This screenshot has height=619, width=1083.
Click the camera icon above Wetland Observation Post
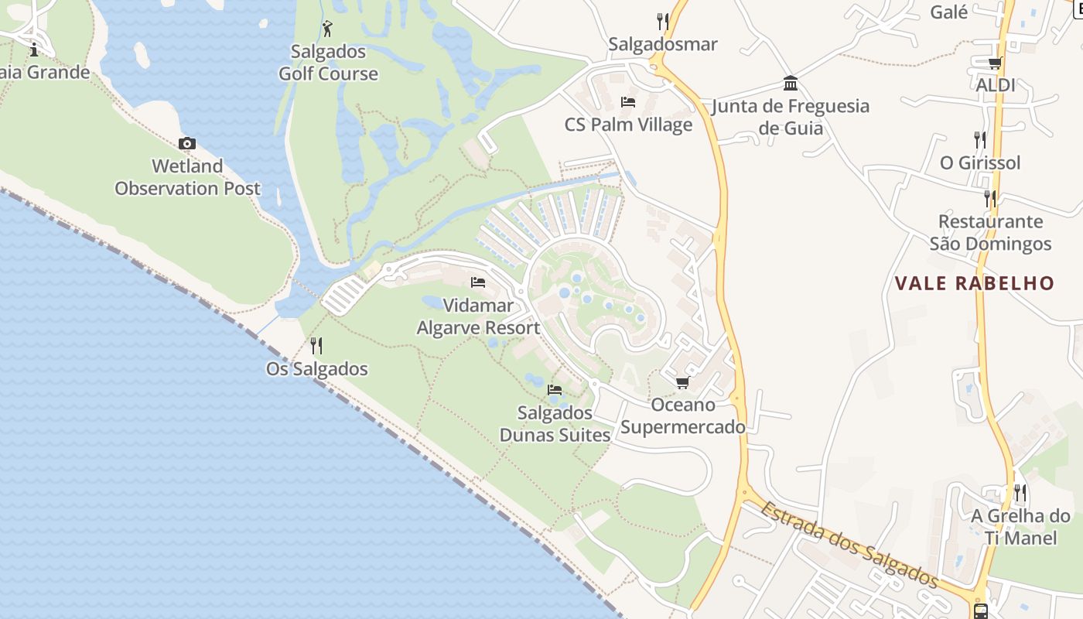186,143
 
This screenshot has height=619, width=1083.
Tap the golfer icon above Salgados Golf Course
327,29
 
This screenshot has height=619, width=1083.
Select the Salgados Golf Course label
328,63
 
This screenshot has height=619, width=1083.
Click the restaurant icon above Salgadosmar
662,21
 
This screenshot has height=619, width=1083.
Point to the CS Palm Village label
628,125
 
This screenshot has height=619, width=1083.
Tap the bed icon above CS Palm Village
628,102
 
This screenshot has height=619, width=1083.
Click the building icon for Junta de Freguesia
791,83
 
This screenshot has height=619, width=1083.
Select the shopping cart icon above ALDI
995,63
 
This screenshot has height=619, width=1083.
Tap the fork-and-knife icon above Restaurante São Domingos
990,198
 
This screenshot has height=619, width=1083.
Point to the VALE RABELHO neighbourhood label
975,283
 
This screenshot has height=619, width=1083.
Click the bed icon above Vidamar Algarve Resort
478,282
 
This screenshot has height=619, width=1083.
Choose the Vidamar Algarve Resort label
478,316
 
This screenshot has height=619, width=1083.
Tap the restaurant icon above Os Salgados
316,345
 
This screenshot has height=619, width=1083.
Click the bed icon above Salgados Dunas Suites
555,389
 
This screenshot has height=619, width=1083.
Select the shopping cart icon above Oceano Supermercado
682,382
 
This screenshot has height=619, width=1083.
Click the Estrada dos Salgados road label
849,545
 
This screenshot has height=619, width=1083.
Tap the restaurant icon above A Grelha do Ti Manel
1020,492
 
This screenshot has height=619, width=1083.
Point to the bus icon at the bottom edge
981,611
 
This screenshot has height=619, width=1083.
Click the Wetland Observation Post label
188,177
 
